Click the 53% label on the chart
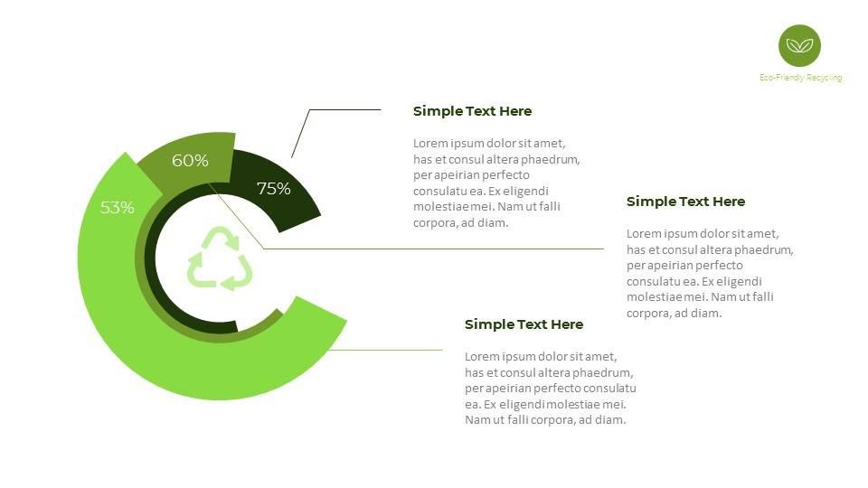click(x=118, y=208)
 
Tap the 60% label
click(x=190, y=161)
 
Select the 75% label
click(x=274, y=189)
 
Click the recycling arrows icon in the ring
click(x=220, y=259)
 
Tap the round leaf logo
click(x=799, y=45)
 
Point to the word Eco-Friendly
click(x=781, y=78)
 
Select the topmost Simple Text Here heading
click(x=472, y=111)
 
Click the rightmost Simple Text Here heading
click(x=685, y=202)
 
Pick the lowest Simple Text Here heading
click(x=524, y=324)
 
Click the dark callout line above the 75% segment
click(x=344, y=110)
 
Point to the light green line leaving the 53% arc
click(x=389, y=350)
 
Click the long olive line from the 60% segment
click(x=434, y=249)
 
